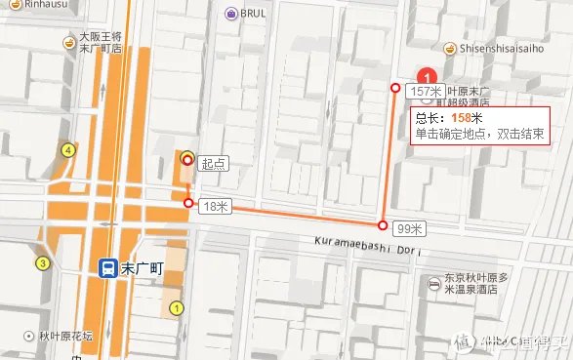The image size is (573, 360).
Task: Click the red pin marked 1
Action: pos(426,76)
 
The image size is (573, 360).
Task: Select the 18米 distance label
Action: pos(213,207)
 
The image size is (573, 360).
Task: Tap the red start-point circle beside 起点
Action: pos(187,159)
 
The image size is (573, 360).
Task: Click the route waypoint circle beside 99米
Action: pos(384,223)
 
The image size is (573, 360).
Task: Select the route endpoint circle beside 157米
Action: pos(395,89)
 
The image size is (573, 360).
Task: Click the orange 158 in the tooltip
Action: pos(461,118)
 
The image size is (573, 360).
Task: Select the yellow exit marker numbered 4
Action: pos(68,150)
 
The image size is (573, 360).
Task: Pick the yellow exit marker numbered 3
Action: pos(43,263)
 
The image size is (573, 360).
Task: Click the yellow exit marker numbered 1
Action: pos(177,308)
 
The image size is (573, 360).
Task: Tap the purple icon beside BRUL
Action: pos(230,14)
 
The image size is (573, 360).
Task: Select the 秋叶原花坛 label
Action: pos(65,337)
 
